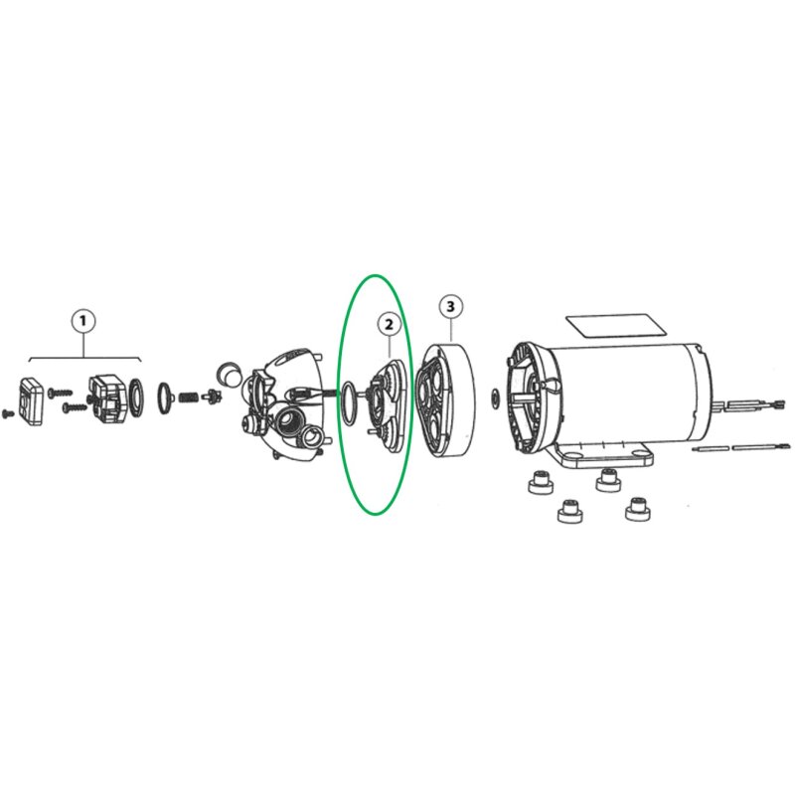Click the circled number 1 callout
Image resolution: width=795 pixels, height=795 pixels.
tap(83, 320)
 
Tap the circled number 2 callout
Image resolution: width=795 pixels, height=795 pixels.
tap(389, 325)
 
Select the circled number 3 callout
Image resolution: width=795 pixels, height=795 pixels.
tap(451, 306)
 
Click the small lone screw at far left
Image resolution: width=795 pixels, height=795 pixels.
tap(8, 413)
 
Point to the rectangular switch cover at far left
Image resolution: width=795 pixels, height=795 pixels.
tap(31, 401)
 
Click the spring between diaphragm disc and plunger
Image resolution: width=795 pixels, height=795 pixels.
tap(189, 397)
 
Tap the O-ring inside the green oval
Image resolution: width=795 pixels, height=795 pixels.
tap(350, 402)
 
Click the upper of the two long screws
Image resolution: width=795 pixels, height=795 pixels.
tap(61, 392)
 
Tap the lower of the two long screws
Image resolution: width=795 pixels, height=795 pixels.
tap(76, 406)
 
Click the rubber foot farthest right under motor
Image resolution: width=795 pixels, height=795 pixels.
tap(637, 509)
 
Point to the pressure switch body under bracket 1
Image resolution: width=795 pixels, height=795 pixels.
tap(108, 400)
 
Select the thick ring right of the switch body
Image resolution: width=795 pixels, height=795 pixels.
tap(136, 396)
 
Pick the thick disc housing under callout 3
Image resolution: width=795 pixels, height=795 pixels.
tap(445, 400)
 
